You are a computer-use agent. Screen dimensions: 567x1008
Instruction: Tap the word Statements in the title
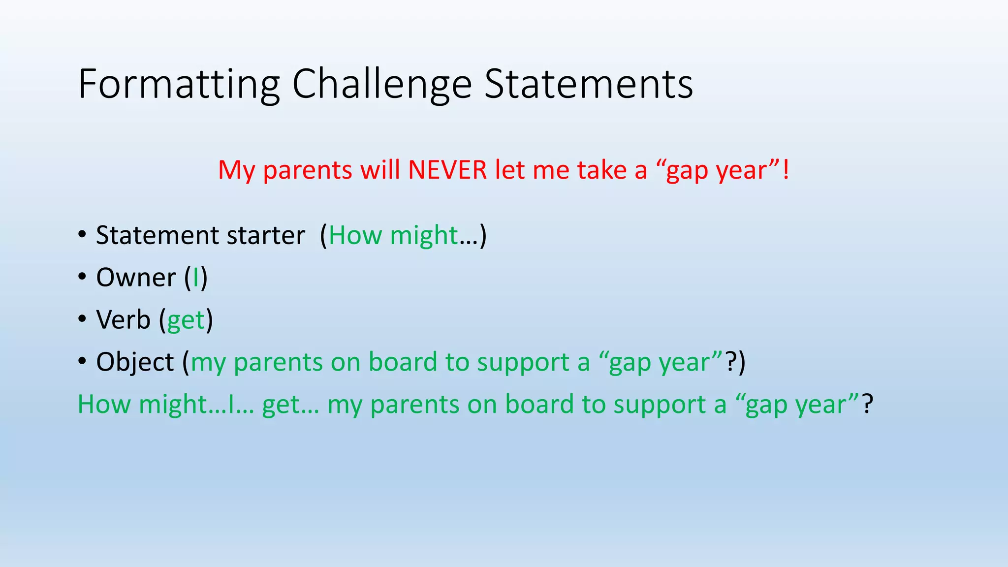[x=589, y=85]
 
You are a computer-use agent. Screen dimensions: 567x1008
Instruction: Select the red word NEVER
[x=447, y=170]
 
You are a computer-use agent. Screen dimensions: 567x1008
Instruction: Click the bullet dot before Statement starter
[x=82, y=235]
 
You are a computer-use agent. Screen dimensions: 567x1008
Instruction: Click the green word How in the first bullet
[x=355, y=235]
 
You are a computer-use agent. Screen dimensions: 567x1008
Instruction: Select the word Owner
[x=136, y=278]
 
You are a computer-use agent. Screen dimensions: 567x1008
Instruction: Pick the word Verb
[x=123, y=320]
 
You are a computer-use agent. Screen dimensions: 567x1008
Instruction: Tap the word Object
[x=135, y=363]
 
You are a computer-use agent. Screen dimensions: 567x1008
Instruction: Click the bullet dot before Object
[x=82, y=362]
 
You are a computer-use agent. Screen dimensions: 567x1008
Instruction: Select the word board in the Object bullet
[x=402, y=362]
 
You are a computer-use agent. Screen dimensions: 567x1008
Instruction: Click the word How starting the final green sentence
[x=104, y=405]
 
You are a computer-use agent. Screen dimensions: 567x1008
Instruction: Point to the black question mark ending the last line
[x=868, y=404]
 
